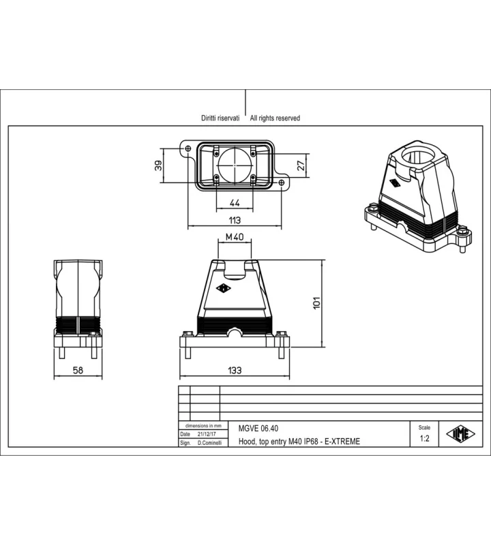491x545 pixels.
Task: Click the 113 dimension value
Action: click(x=235, y=220)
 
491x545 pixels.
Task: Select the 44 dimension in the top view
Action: click(x=235, y=202)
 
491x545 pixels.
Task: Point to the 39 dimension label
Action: click(x=158, y=166)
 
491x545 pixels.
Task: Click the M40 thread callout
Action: click(x=235, y=237)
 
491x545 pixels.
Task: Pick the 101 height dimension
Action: click(x=316, y=303)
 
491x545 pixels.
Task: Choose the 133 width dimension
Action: click(x=235, y=371)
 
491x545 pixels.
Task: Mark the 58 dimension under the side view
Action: click(x=78, y=371)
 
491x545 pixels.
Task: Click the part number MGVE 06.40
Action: click(x=258, y=429)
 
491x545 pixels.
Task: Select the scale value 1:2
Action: click(x=425, y=439)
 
